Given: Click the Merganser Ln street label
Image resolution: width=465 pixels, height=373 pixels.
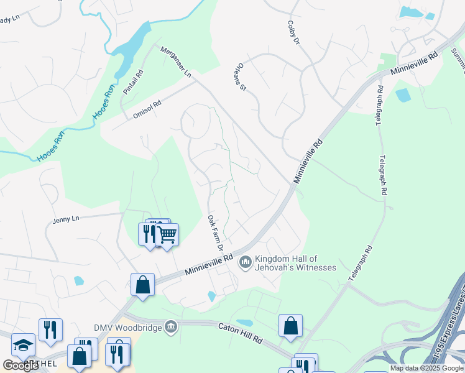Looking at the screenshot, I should pyautogui.click(x=176, y=62).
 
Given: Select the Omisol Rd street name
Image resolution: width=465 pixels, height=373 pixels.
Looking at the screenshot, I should pyautogui.click(x=147, y=109).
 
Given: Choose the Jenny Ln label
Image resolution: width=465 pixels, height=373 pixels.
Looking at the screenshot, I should pyautogui.click(x=66, y=219).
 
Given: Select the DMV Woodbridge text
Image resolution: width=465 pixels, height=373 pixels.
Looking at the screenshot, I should pyautogui.click(x=127, y=327).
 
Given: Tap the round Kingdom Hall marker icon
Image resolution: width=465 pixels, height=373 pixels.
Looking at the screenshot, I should pyautogui.click(x=245, y=263).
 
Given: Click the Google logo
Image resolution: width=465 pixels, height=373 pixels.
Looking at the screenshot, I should pyautogui.click(x=21, y=366).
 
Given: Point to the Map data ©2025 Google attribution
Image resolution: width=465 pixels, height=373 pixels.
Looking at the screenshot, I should pyautogui.click(x=426, y=368).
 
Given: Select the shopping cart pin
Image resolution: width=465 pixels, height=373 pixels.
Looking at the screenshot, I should pyautogui.click(x=167, y=234).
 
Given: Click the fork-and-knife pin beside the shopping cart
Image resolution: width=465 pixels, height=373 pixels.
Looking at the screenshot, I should pyautogui.click(x=149, y=233).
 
